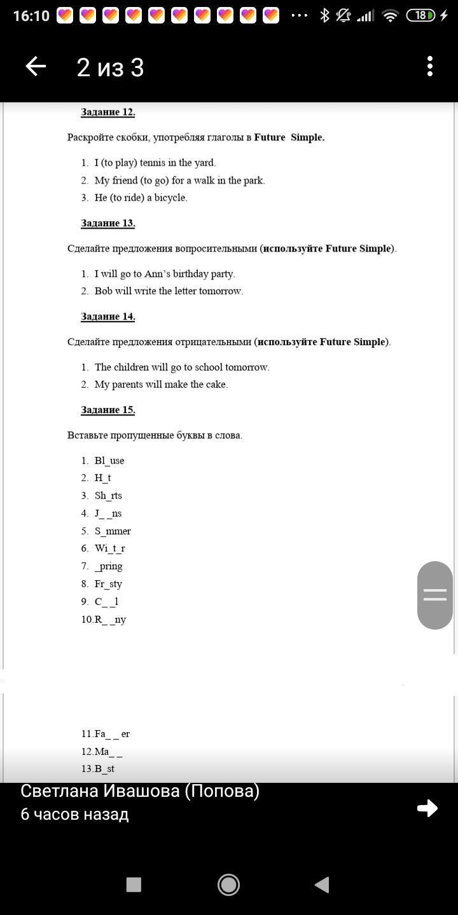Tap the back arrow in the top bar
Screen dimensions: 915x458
pos(36,66)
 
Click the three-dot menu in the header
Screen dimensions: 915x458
pos(430,66)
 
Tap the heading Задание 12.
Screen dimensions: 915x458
pos(108,112)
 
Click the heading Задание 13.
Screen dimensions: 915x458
pos(108,223)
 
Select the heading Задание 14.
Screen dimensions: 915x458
pos(108,316)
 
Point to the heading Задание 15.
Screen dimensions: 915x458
pos(108,410)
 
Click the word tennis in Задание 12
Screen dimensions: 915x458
pos(153,163)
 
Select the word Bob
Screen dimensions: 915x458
pos(103,291)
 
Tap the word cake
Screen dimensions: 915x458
pos(216,384)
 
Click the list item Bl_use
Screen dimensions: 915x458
pos(109,461)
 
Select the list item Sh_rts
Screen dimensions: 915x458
pos(108,496)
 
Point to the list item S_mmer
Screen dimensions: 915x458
pos(113,531)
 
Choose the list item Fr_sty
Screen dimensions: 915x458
pos(108,584)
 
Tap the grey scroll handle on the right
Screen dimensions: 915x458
pos(435,595)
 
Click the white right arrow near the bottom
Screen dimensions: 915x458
pos(427,808)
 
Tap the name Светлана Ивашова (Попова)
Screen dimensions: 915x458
pos(140,791)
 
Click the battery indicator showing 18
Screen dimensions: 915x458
pos(421,15)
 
